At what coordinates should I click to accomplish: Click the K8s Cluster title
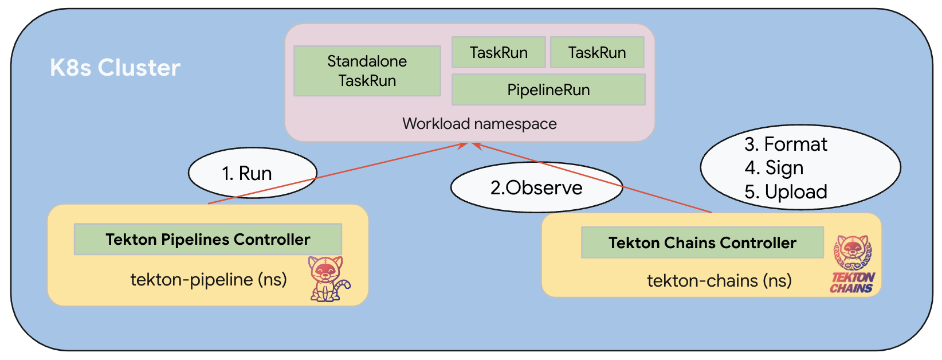point(115,68)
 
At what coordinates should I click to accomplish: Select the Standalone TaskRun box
point(367,71)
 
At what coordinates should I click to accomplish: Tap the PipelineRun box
point(548,90)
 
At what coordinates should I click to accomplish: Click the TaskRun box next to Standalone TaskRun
point(499,53)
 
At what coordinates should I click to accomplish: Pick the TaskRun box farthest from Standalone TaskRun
point(596,53)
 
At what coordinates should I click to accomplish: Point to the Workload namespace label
point(479,124)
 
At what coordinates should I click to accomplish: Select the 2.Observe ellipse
point(536,188)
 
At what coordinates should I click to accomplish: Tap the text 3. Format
point(786,144)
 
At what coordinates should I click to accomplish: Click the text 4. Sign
point(774,168)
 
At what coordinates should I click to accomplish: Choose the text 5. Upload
point(786,192)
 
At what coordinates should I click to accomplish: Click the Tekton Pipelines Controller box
point(207,240)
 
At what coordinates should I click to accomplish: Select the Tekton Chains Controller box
point(702,243)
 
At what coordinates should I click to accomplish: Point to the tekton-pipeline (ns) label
point(209,280)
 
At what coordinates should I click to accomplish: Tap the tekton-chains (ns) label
point(719,281)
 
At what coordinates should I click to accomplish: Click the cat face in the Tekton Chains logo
point(853,249)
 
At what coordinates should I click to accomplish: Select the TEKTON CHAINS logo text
point(852,283)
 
